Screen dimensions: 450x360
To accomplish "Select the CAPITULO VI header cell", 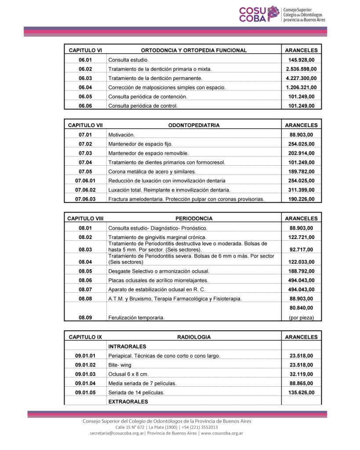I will coord(85,50).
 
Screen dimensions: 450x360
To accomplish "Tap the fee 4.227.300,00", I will coord(301,78).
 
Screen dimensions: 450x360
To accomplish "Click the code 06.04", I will coord(85,87).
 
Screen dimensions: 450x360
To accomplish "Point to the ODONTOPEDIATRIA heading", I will coord(194,125).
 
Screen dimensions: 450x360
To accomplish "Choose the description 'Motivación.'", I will coord(121,135).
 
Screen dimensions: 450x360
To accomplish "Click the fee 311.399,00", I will coord(301,190).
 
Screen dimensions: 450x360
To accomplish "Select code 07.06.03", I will coord(85,199).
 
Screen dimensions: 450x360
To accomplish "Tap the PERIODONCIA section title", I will coord(194,218).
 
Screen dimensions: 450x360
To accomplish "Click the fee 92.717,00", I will coord(301,250).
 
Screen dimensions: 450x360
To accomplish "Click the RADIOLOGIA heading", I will coord(194,337).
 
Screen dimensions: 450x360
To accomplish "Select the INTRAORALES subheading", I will coord(127,346).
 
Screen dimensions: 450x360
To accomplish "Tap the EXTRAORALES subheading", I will coord(128,402).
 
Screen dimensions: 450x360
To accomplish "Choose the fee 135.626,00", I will coord(301,392).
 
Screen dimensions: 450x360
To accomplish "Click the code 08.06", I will coord(85,280).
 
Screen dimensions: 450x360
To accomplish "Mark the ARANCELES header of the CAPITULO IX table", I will coord(301,337).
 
